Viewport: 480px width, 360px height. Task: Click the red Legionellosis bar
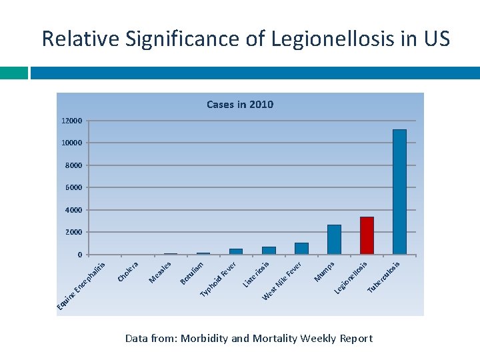point(367,235)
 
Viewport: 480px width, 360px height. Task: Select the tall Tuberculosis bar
point(399,192)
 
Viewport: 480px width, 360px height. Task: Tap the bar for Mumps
point(334,239)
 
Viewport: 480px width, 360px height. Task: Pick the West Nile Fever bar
point(301,248)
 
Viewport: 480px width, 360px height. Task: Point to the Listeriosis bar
point(269,250)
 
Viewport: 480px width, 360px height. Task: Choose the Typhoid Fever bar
point(236,251)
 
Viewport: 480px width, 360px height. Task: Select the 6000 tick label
point(74,188)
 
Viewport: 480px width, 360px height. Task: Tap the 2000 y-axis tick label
point(74,232)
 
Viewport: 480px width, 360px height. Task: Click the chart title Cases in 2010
point(240,104)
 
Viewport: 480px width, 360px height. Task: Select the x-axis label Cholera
point(127,271)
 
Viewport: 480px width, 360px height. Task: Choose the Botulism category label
point(192,272)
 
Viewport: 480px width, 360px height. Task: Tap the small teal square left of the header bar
point(13,73)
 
